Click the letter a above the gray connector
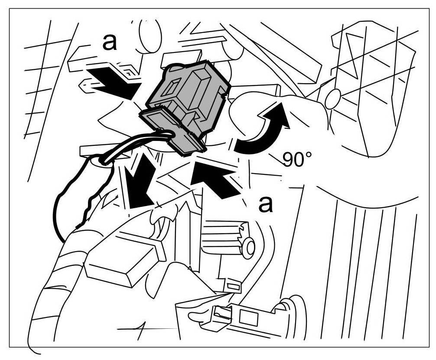(x=109, y=43)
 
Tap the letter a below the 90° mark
(x=266, y=204)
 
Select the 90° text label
(x=298, y=160)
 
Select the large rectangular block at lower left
(x=124, y=262)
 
